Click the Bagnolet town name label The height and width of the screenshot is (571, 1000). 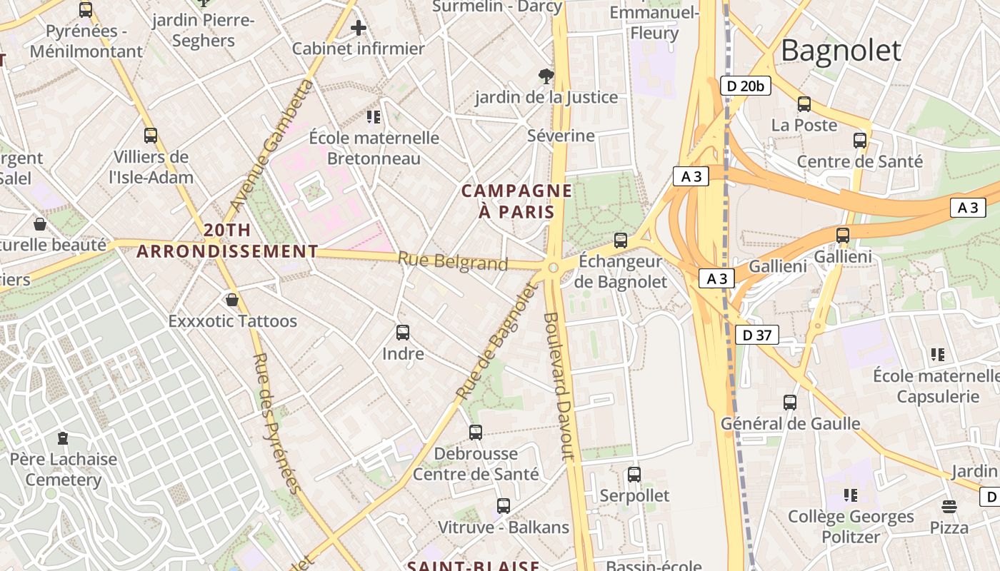[841, 51]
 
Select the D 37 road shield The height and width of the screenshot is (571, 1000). [756, 335]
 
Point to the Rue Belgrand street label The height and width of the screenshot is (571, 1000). [452, 262]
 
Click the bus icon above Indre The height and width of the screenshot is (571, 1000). [403, 333]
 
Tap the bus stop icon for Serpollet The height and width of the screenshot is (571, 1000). [634, 474]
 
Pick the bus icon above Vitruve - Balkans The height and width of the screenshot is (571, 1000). [504, 506]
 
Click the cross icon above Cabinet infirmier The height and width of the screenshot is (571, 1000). [359, 29]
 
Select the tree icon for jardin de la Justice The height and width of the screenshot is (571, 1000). [546, 76]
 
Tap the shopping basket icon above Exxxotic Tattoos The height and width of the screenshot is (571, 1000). [232, 300]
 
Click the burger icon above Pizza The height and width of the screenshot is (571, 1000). [949, 507]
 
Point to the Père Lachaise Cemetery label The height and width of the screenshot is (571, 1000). [64, 469]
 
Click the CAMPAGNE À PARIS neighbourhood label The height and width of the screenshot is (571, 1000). [516, 201]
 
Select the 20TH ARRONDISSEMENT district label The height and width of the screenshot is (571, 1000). [227, 241]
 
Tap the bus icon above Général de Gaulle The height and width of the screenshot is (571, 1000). [789, 403]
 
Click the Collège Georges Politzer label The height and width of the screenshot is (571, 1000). [850, 526]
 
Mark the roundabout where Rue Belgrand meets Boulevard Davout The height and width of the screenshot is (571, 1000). [552, 268]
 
